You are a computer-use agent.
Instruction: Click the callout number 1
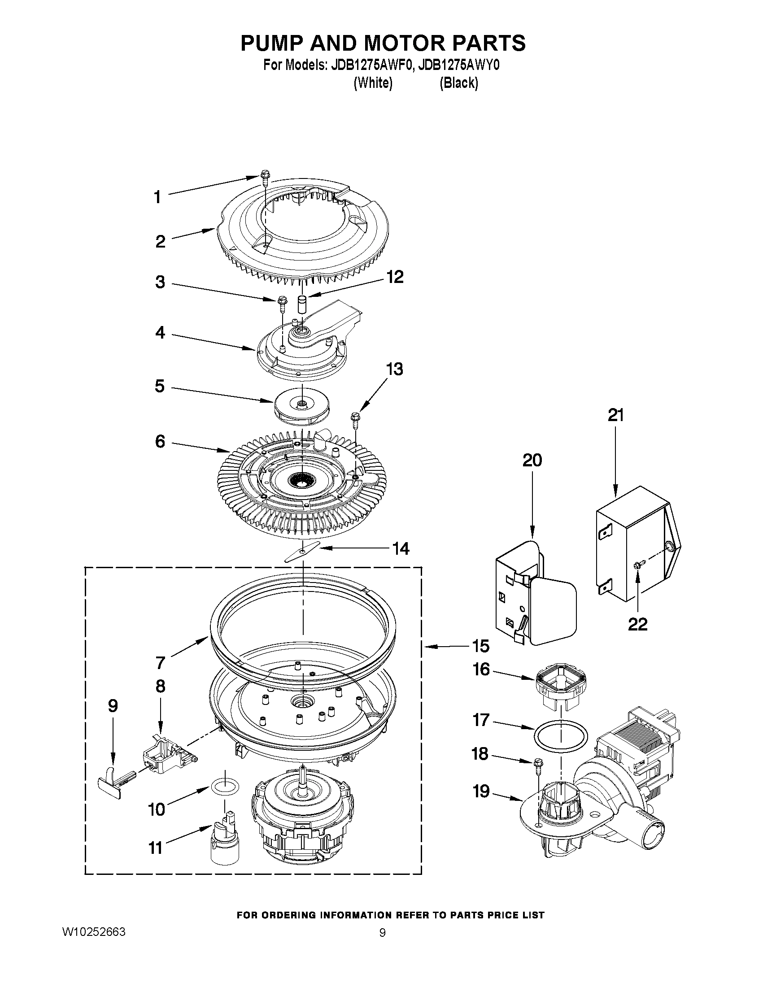click(x=157, y=197)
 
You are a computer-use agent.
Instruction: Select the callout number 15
click(x=480, y=646)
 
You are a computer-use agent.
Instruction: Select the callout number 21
click(x=615, y=415)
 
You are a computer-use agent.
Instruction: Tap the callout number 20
click(x=532, y=460)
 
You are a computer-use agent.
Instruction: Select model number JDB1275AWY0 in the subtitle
click(x=459, y=65)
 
